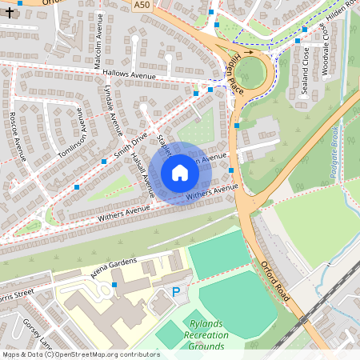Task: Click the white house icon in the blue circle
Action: coord(180,173)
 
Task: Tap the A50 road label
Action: coord(141,5)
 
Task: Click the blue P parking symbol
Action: coord(176,293)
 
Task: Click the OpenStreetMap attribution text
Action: coord(80,354)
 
